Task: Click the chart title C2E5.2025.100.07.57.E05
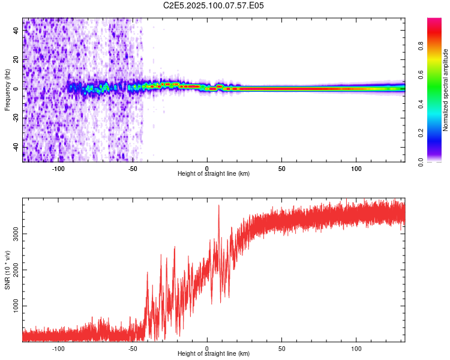tap(214, 5)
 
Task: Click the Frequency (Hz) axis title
tap(7, 90)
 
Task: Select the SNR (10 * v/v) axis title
tap(7, 270)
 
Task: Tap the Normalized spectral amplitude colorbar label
tap(445, 90)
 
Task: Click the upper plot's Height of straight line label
tap(214, 174)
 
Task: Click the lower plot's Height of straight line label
tap(214, 353)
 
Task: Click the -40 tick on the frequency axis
tap(16, 147)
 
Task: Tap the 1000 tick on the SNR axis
tap(16, 306)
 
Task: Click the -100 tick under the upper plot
tap(58, 169)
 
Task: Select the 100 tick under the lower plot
tap(356, 348)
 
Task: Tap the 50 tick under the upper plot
tap(281, 169)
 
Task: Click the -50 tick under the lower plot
tap(133, 348)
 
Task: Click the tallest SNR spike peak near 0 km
tap(218, 206)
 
